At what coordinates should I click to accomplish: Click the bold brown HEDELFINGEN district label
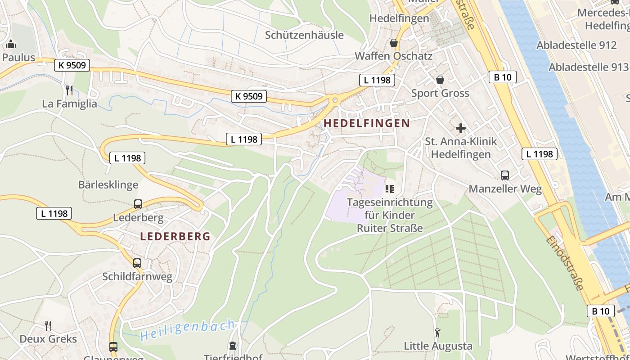(x=367, y=123)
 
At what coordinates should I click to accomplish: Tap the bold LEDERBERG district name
(x=175, y=236)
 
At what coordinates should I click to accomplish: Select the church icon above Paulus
(x=11, y=44)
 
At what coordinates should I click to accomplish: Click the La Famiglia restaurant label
(x=69, y=103)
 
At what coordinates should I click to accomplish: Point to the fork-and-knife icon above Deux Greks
(x=48, y=325)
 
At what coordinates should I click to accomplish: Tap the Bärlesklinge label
(x=108, y=184)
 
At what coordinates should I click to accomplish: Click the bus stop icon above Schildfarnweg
(x=137, y=263)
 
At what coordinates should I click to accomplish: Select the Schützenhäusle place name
(x=304, y=35)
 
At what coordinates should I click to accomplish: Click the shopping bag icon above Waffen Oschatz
(x=394, y=43)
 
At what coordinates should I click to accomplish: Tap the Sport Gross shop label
(x=440, y=93)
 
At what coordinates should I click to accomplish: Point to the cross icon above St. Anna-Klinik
(x=461, y=128)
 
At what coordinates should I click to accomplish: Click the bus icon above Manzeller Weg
(x=505, y=175)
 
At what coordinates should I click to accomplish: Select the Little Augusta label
(x=438, y=346)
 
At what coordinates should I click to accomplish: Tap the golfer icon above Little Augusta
(x=437, y=333)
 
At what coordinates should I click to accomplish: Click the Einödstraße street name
(x=565, y=263)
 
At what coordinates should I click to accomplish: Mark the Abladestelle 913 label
(x=588, y=67)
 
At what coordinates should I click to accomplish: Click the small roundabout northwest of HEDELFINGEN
(x=334, y=100)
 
